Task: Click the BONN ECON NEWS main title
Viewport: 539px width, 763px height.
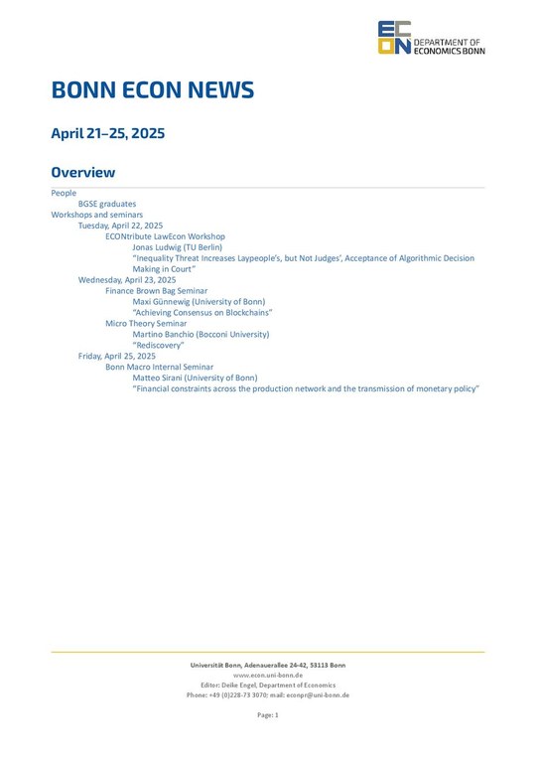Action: pos(153,91)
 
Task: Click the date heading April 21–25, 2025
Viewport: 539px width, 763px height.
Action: pos(108,133)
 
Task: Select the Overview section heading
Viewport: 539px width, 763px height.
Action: pos(83,173)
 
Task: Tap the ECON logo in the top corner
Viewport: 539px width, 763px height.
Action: pos(394,38)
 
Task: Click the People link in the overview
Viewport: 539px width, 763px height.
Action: pos(64,193)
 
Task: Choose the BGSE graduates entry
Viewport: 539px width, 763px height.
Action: pos(107,204)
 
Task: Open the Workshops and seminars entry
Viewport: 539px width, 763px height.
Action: pos(97,215)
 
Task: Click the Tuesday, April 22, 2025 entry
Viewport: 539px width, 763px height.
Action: pos(120,226)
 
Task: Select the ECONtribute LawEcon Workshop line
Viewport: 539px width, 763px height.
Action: pos(165,236)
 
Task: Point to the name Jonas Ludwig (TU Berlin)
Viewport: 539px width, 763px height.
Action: pos(177,247)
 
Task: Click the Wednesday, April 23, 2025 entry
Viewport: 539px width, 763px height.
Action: pos(127,280)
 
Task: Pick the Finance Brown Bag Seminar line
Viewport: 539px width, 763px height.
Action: pos(156,291)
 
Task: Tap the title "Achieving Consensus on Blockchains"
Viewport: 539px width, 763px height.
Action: pos(202,313)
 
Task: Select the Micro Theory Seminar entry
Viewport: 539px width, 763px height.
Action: pos(146,324)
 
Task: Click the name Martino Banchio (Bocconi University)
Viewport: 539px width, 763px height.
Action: pos(201,335)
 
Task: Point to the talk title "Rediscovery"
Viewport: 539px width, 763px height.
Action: pos(158,346)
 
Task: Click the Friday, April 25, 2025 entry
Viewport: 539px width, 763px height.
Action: pos(116,356)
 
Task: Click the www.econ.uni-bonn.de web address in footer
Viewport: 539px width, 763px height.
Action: pos(267,675)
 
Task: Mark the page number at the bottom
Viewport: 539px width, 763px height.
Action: pos(268,715)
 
